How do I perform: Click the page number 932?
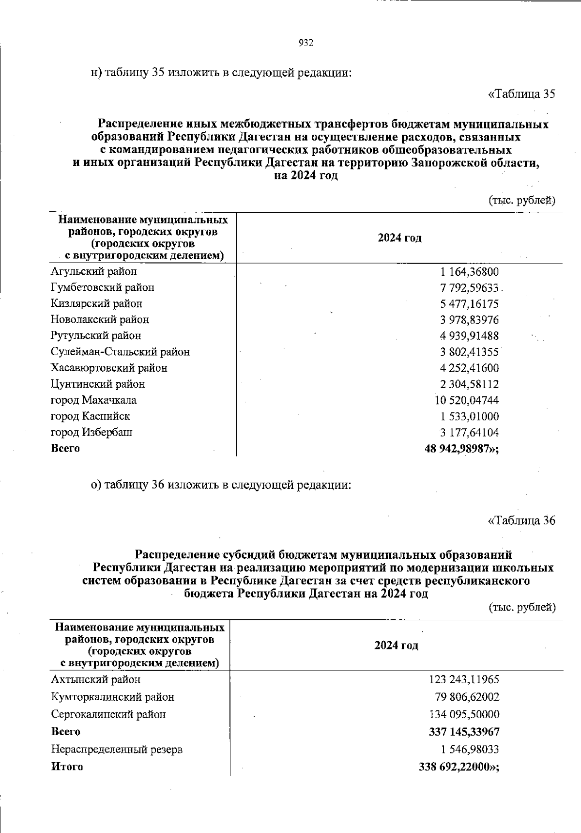point(306,43)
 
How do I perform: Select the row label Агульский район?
point(94,271)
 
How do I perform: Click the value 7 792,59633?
point(469,288)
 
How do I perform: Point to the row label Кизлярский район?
point(97,304)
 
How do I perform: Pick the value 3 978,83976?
point(469,320)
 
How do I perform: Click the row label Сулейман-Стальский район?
point(121,352)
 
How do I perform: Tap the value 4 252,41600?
point(469,368)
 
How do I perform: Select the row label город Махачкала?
point(94,400)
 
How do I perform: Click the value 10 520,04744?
point(467,400)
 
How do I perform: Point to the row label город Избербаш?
point(92,432)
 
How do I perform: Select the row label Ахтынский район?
point(96,680)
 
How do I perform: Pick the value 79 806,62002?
point(467,697)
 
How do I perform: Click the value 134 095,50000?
point(464,715)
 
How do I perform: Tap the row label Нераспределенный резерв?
point(117,750)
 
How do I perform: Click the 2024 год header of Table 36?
point(396,645)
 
